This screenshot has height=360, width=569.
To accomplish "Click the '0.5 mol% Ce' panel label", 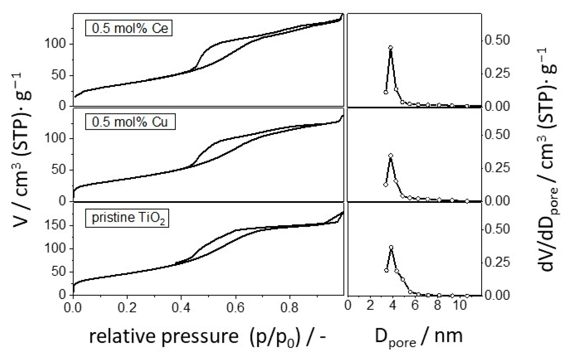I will (129, 28).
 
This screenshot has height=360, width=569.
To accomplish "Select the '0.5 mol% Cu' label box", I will (130, 122).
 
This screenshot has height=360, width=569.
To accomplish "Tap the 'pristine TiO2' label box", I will (127, 218).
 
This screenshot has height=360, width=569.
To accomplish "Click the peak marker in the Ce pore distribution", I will (391, 48).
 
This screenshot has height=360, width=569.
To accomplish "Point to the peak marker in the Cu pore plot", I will (391, 156).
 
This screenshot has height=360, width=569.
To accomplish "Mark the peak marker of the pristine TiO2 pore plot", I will (391, 247).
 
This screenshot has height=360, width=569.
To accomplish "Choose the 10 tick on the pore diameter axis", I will (460, 305).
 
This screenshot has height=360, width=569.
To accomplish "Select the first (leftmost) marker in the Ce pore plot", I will (386, 92).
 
